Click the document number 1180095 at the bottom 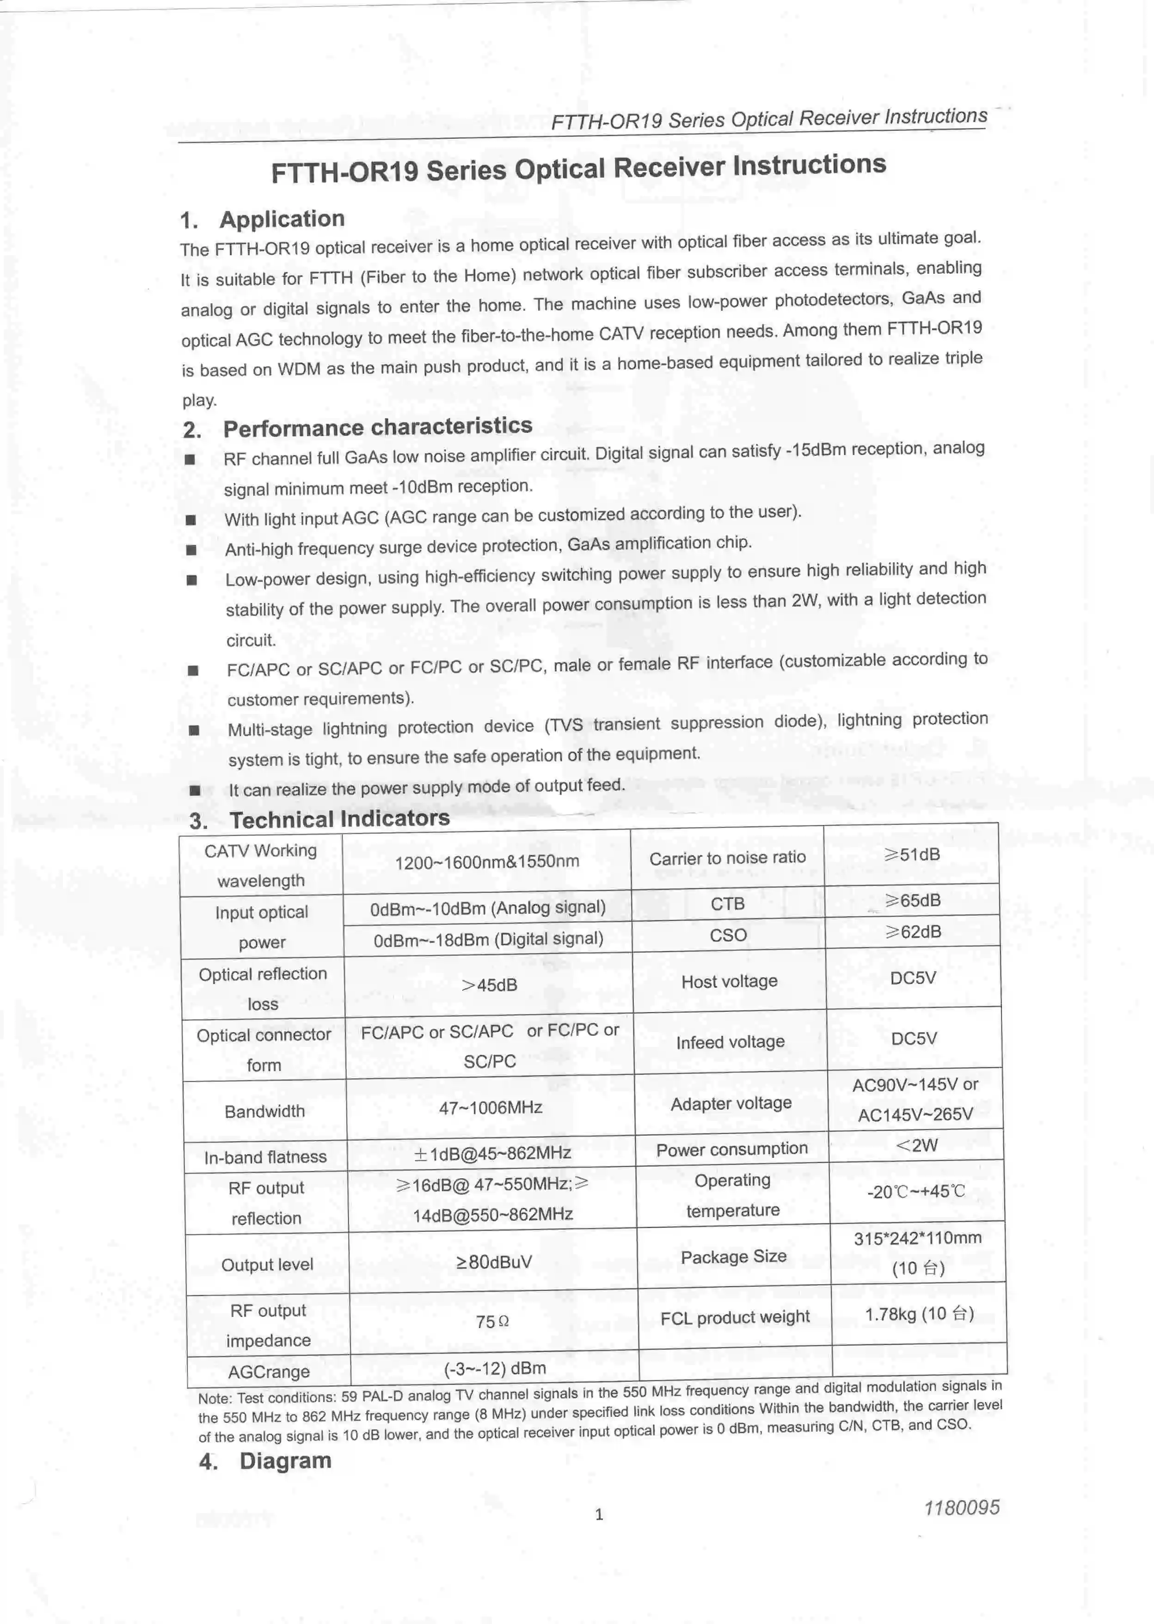point(961,1507)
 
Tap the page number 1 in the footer point(599,1514)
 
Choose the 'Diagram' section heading point(285,1460)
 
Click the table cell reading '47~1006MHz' point(490,1108)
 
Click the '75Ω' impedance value point(492,1322)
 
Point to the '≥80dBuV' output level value point(493,1262)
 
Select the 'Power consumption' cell point(732,1149)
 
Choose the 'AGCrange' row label point(269,1372)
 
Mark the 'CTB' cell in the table point(728,904)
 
